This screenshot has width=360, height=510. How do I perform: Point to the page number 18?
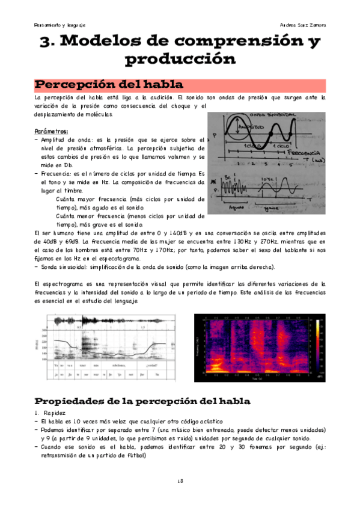pyautogui.click(x=180, y=481)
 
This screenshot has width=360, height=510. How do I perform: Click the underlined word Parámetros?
pyautogui.click(x=51, y=131)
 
